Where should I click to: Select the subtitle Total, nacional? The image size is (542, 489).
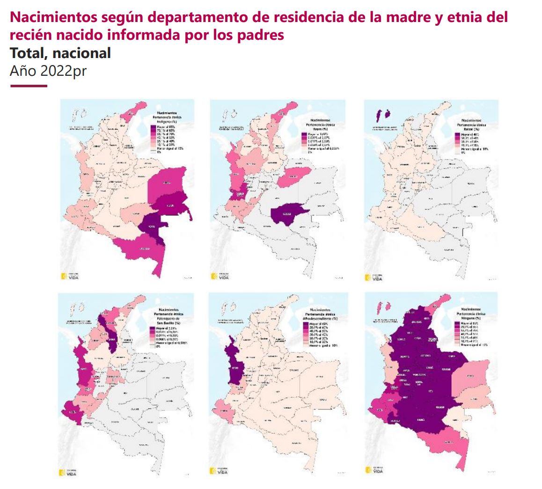click(x=60, y=53)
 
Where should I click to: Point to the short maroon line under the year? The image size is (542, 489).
click(x=29, y=86)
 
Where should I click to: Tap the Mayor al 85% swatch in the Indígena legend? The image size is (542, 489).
click(x=153, y=126)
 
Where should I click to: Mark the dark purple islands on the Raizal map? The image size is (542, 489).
click(x=383, y=114)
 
